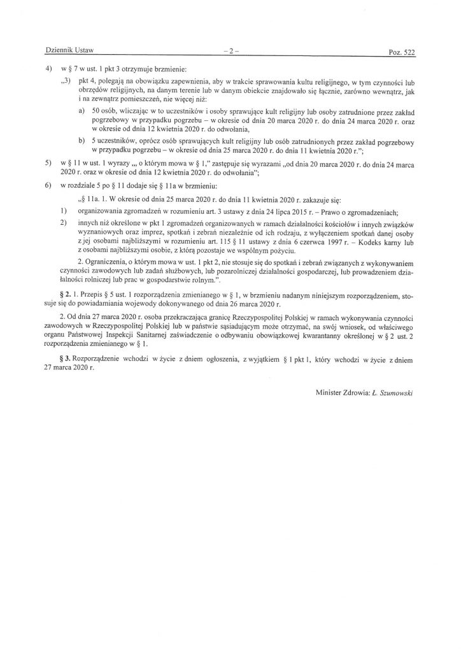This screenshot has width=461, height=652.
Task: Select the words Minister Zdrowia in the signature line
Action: tap(341, 393)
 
